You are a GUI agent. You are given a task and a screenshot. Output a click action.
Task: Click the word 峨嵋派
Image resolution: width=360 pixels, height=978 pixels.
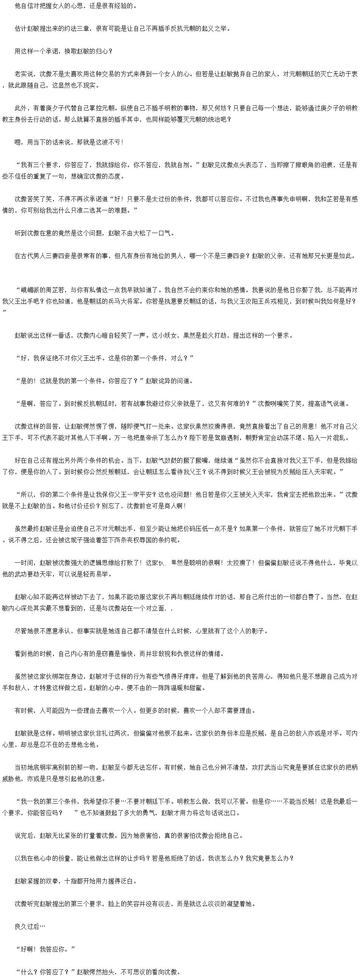[30, 289]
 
